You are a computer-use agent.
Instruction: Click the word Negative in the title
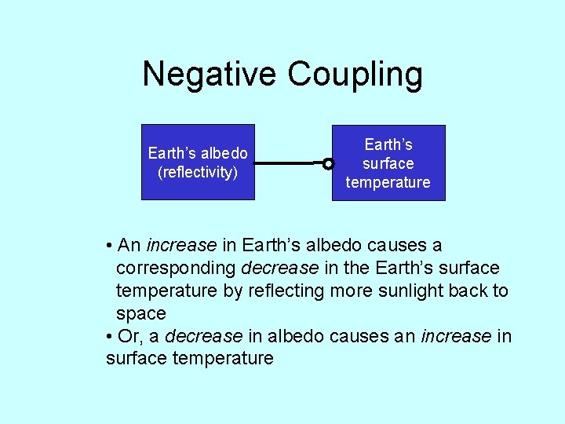pos(210,75)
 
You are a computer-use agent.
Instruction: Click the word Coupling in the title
pos(355,75)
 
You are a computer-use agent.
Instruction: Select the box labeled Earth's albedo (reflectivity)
pos(198,162)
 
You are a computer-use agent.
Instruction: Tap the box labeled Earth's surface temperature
pos(388,163)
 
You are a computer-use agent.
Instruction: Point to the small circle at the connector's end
pos(328,164)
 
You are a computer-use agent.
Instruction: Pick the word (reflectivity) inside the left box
pos(198,171)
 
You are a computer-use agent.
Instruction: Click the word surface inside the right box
pos(388,163)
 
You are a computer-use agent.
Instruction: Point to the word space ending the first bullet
pos(141,313)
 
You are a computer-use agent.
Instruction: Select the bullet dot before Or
pos(109,337)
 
